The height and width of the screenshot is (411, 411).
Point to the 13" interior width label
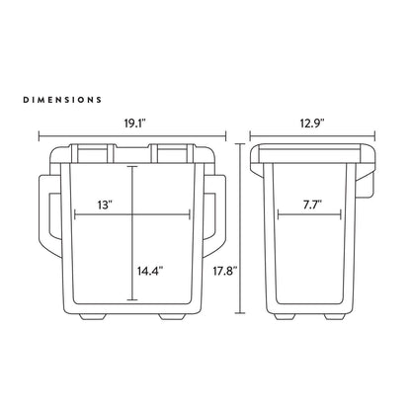tap(106, 205)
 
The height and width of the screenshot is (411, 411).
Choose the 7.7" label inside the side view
tap(313, 205)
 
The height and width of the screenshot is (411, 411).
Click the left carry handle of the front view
tap(45, 213)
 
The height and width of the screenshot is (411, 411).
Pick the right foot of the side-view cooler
tap(339, 317)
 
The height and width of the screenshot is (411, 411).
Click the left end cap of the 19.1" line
tap(40, 137)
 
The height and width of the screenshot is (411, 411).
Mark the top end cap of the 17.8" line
tap(241, 144)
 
